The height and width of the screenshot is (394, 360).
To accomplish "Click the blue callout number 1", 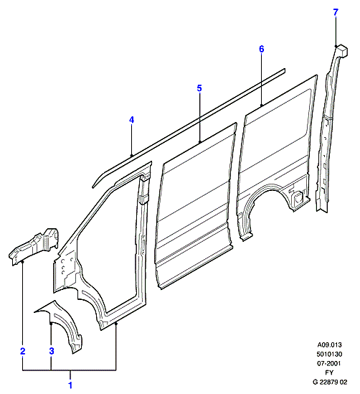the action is pyautogui.click(x=70, y=385).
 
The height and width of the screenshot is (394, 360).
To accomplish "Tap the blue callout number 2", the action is pyautogui.click(x=23, y=351).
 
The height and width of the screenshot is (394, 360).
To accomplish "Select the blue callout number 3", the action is pyautogui.click(x=52, y=351).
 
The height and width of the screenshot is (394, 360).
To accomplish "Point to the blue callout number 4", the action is pyautogui.click(x=131, y=120).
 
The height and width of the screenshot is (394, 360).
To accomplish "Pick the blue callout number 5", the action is pyautogui.click(x=199, y=88).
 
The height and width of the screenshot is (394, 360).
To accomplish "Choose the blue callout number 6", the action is pyautogui.click(x=262, y=49).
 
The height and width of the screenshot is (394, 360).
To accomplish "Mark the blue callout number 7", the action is pyautogui.click(x=336, y=12).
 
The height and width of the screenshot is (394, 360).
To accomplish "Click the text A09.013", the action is pyautogui.click(x=329, y=344).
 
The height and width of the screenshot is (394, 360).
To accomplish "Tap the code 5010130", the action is pyautogui.click(x=329, y=354).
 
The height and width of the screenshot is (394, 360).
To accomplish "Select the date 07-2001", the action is pyautogui.click(x=329, y=363).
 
